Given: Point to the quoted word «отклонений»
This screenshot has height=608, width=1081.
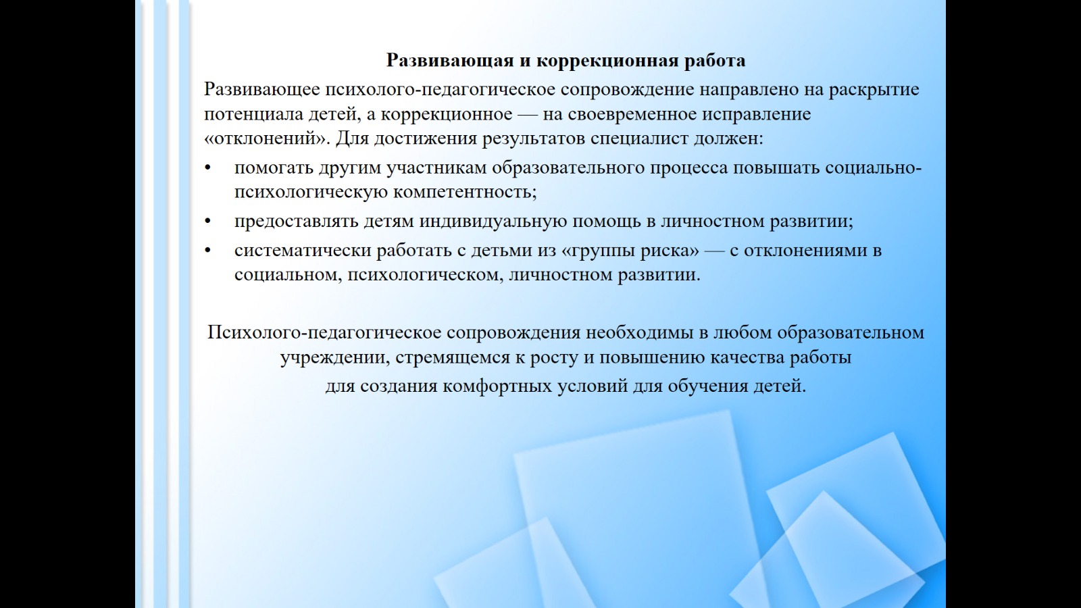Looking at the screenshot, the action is click(266, 138).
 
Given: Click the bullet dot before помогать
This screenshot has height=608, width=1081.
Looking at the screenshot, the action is click(208, 168).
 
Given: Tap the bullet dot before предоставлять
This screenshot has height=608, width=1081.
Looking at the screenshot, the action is click(208, 221).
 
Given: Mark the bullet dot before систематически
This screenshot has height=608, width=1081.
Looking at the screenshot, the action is click(208, 251).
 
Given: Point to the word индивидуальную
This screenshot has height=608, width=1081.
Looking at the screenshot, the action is click(493, 222).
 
